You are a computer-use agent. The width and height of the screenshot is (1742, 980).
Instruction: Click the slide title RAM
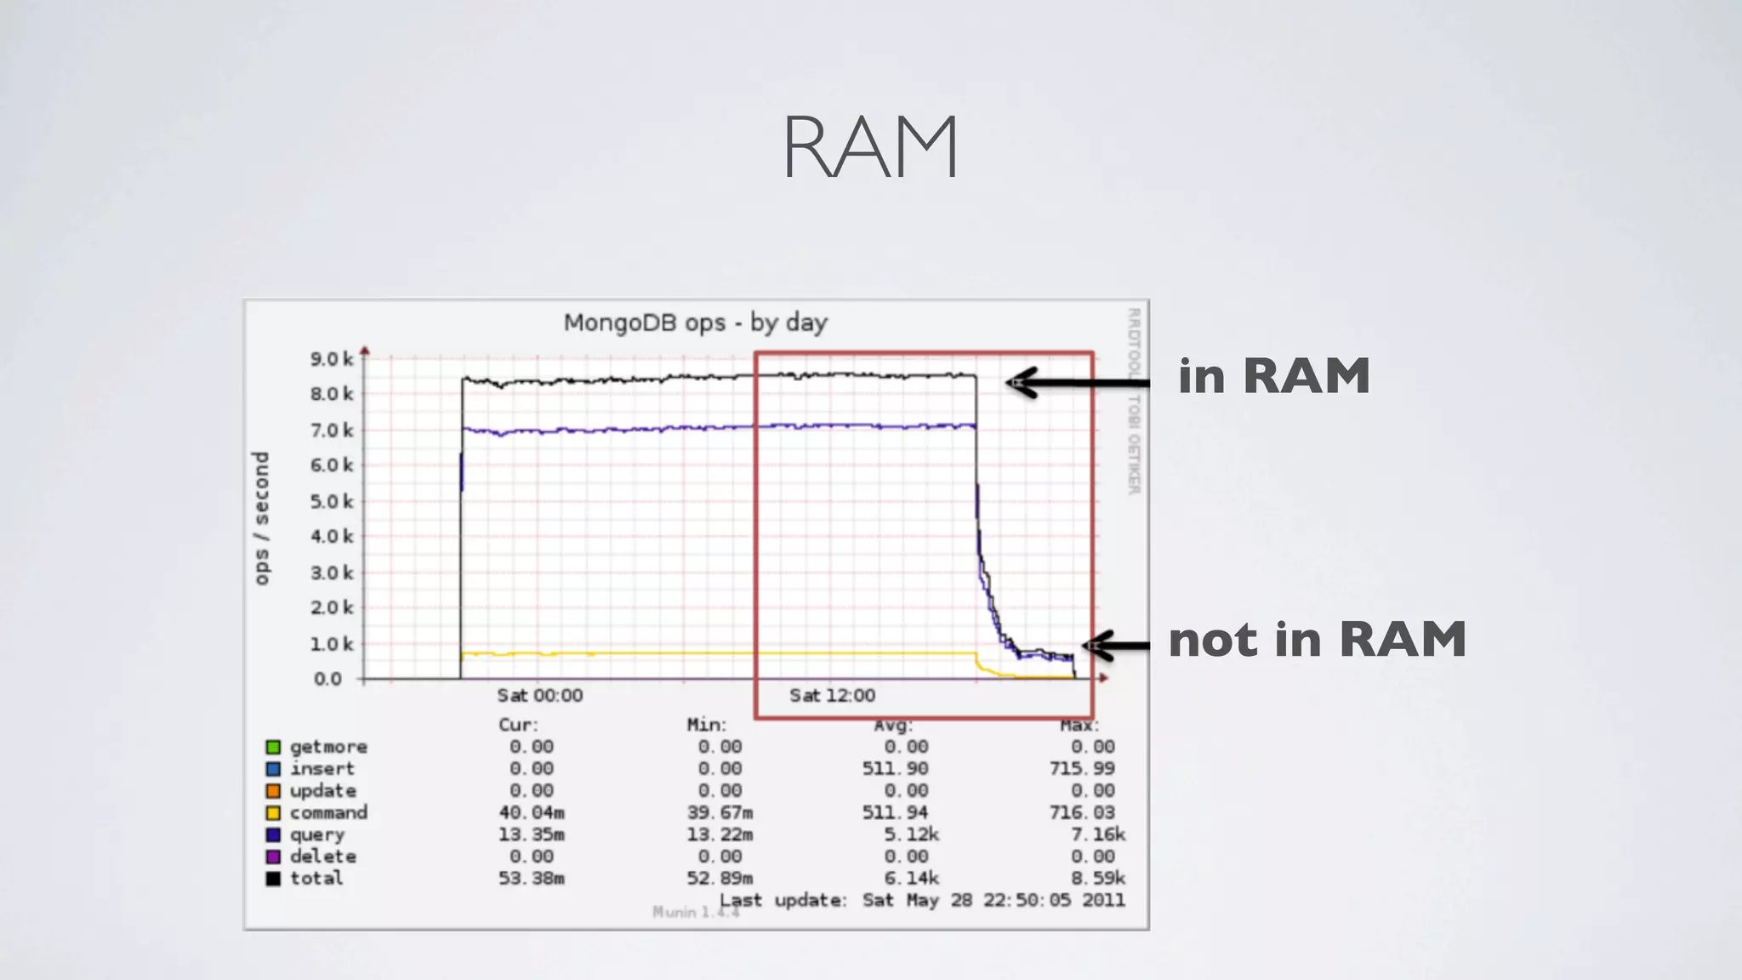tap(870, 147)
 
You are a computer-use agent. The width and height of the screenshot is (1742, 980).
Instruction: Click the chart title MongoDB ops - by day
tap(695, 323)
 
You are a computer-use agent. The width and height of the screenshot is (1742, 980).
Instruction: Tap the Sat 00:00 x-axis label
tap(539, 696)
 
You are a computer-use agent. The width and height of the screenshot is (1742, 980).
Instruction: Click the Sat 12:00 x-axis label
tap(832, 696)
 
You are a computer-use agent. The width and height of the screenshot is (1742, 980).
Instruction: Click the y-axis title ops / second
tap(261, 518)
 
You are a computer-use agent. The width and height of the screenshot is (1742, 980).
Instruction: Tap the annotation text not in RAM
tap(1317, 640)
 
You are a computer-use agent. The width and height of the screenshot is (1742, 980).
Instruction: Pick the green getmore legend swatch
tap(273, 747)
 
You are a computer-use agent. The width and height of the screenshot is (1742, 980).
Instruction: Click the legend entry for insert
tap(322, 769)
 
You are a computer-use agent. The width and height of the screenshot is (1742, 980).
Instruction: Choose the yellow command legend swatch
tap(273, 813)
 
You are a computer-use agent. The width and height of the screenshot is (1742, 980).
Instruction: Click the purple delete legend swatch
tap(273, 857)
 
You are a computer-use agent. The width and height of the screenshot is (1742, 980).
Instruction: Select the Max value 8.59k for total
tap(1097, 878)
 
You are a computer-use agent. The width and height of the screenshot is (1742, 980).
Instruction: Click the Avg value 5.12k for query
tap(911, 835)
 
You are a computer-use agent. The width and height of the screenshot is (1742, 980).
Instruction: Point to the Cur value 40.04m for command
tap(532, 813)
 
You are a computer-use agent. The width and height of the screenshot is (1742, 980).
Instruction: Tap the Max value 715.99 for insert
tap(1081, 769)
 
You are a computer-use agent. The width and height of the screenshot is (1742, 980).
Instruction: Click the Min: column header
tap(707, 725)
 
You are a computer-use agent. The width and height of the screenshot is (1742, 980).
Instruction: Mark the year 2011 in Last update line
tap(1103, 900)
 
